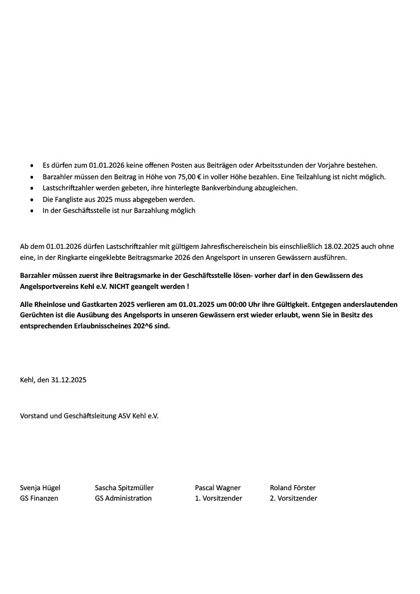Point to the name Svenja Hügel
(x=40, y=488)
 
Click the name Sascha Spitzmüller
(x=124, y=488)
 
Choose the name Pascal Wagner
(x=218, y=488)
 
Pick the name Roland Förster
(x=292, y=488)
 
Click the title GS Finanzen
(x=39, y=498)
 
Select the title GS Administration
(x=123, y=498)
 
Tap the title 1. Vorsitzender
(x=218, y=498)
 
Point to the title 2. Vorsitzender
(x=293, y=498)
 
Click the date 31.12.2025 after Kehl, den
(x=68, y=381)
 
